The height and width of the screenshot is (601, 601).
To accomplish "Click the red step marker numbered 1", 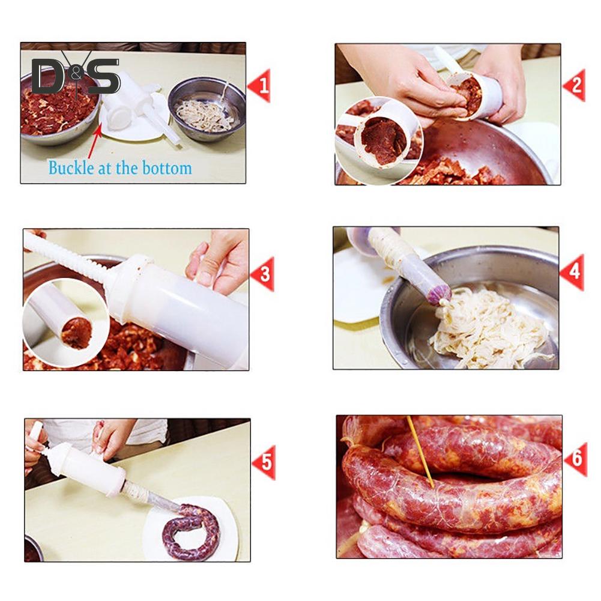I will pos(260,86).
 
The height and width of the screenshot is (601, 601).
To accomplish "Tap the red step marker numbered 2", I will pos(574,86).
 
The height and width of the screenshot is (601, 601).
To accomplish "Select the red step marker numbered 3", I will pos(262,274).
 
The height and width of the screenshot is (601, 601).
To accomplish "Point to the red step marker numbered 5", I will pos(264,462).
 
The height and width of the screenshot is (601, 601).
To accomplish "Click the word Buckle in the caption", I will pos(70,168).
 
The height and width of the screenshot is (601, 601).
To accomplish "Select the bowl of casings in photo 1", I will pos(207,109).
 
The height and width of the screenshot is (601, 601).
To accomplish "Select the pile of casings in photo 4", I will pos(486,327).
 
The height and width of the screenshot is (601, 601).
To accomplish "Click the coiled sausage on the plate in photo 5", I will pos(191,531).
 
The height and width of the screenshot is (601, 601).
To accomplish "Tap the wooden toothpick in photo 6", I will pos(420,451).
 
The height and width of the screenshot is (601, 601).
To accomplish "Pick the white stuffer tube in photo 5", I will pos(84,470).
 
